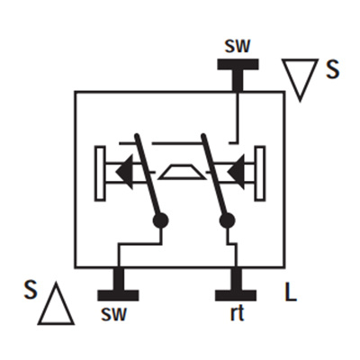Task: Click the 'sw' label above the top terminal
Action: click(x=238, y=46)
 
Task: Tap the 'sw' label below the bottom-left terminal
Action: click(x=114, y=313)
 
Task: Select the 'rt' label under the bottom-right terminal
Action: click(x=238, y=313)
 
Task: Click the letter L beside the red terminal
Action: click(x=290, y=292)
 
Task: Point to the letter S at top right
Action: click(x=332, y=69)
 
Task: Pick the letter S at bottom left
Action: click(x=31, y=290)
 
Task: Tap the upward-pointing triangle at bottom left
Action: click(x=56, y=303)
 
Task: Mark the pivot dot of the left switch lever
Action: click(x=160, y=220)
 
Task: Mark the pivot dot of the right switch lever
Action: click(x=227, y=220)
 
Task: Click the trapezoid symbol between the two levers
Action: click(x=183, y=172)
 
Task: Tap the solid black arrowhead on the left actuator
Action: click(x=124, y=172)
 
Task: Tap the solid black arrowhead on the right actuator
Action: click(x=236, y=172)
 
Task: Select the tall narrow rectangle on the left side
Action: click(x=100, y=174)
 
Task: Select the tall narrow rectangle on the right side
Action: click(x=260, y=174)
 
